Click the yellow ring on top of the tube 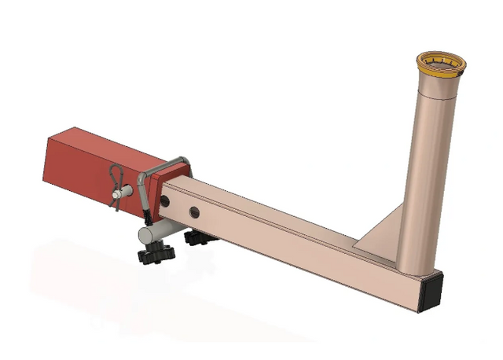(440, 69)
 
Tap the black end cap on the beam (431, 291)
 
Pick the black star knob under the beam (196, 237)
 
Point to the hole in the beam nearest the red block (167, 202)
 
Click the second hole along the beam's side (193, 211)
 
